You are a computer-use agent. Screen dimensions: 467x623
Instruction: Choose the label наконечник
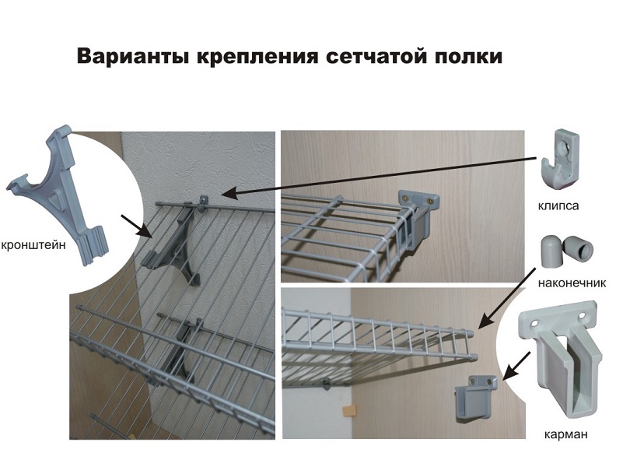pyautogui.click(x=572, y=283)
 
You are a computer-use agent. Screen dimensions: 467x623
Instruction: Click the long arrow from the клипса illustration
pyautogui.click(x=381, y=173)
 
